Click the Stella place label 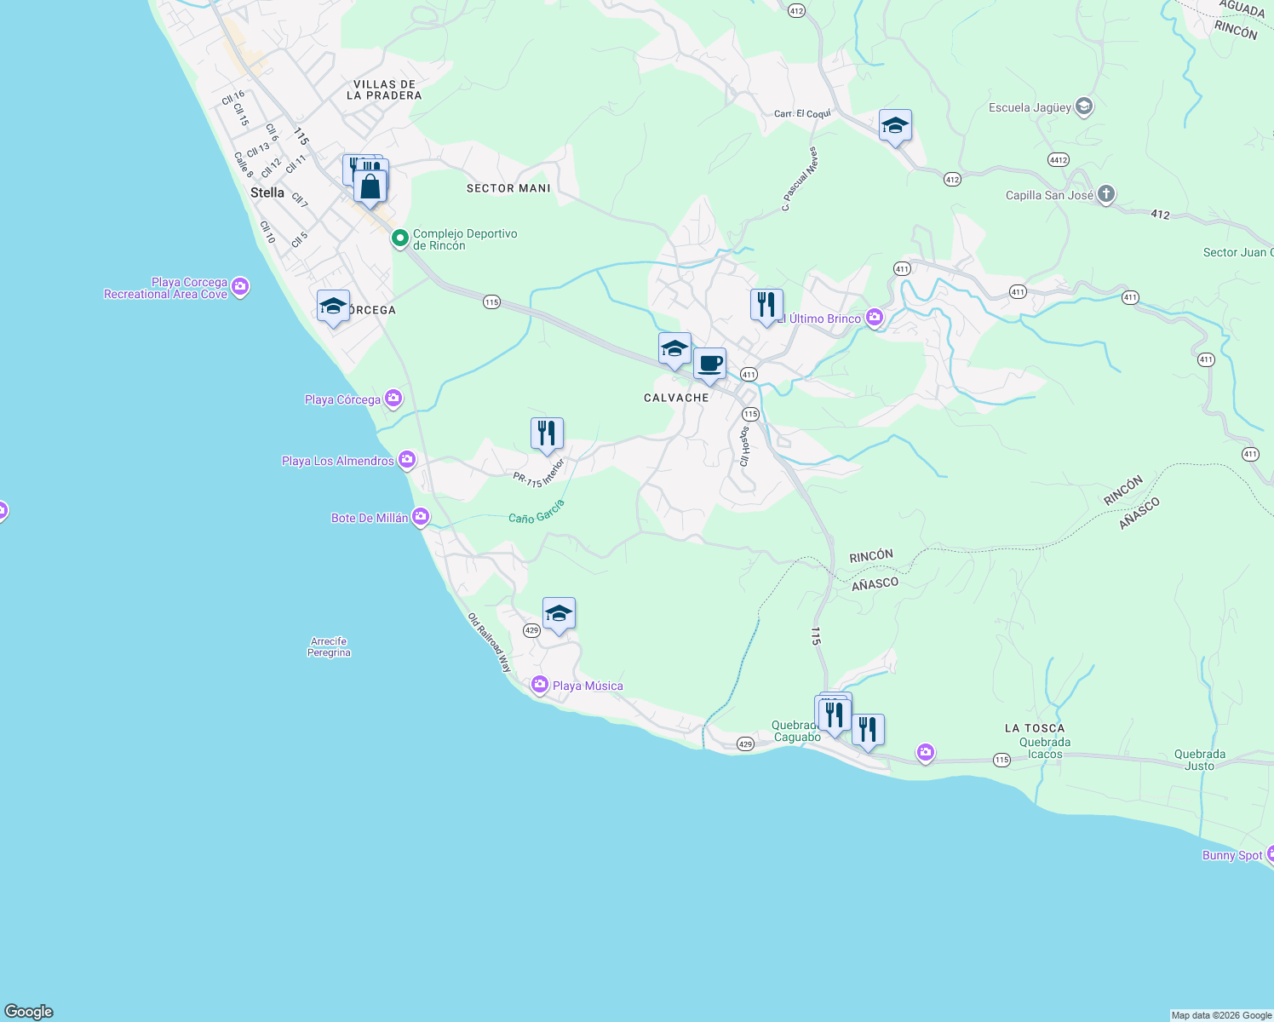(267, 193)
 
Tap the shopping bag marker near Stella (370, 187)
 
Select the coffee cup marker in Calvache (709, 365)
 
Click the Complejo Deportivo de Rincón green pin (399, 238)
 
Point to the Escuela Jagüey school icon (1083, 107)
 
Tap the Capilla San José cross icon (1105, 194)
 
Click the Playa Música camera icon (539, 685)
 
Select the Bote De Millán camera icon (421, 517)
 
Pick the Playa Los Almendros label (338, 461)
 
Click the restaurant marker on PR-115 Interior (547, 433)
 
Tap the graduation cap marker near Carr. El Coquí (895, 126)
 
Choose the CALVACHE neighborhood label (676, 398)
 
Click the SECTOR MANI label (508, 188)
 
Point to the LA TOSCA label (1034, 728)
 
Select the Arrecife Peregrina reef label (329, 647)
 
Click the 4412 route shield (1059, 160)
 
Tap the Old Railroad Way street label (491, 643)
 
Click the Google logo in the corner (29, 1011)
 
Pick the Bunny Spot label (1231, 855)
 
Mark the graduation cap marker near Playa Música (559, 613)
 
